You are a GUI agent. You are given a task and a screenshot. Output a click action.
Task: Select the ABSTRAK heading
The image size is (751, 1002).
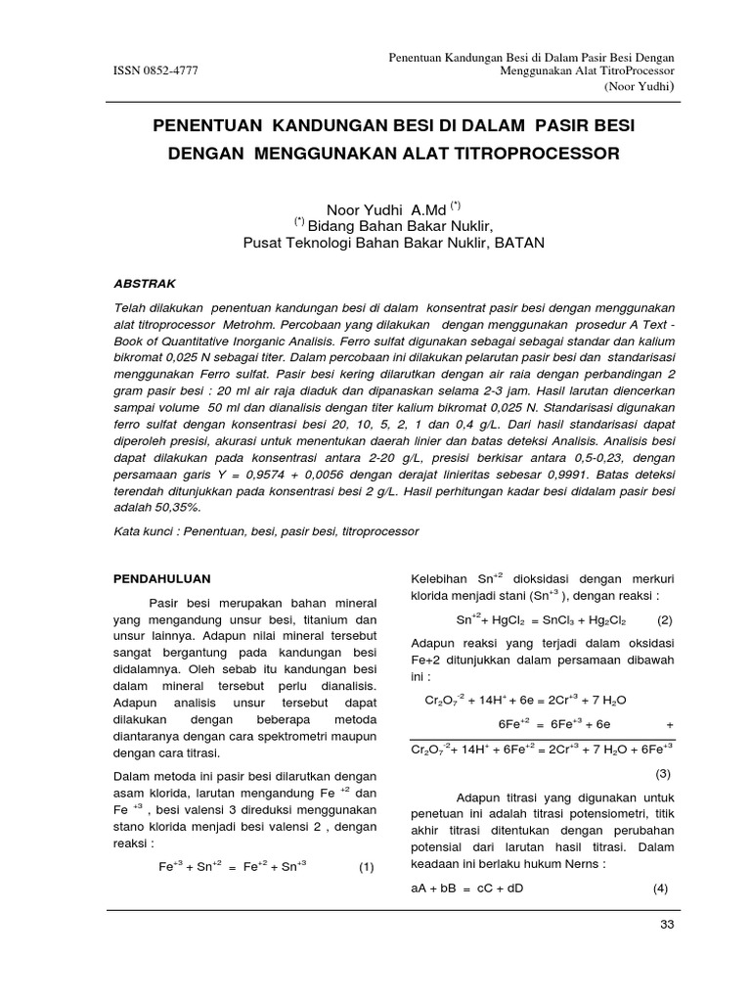pyautogui.click(x=146, y=284)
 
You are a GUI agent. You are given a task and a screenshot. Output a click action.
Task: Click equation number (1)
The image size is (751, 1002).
pyautogui.click(x=367, y=867)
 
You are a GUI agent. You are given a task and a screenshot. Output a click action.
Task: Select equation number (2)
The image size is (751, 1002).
pyautogui.click(x=665, y=619)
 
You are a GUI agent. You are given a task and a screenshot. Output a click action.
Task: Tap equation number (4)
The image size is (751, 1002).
pyautogui.click(x=661, y=888)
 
